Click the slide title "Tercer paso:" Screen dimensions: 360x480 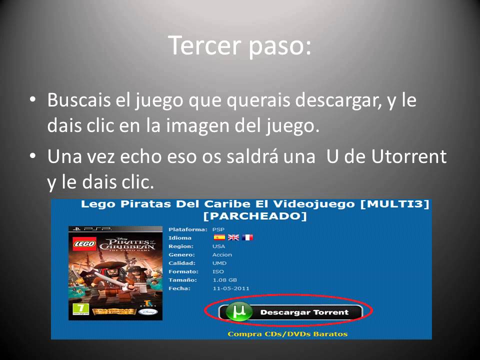pyautogui.click(x=239, y=46)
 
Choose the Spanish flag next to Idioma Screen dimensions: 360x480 pyautogui.click(x=219, y=237)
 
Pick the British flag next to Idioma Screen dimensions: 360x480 pyautogui.click(x=233, y=237)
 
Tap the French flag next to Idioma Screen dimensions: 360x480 pyautogui.click(x=247, y=237)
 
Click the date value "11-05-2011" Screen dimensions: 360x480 pyautogui.click(x=230, y=288)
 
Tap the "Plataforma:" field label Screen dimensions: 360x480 pyautogui.click(x=187, y=229)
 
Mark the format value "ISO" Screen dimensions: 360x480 pyautogui.click(x=218, y=271)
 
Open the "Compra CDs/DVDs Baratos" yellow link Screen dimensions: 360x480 pyautogui.click(x=287, y=334)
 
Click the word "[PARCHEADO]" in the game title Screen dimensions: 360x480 pyautogui.click(x=255, y=216)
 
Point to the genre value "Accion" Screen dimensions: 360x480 pyautogui.click(x=222, y=254)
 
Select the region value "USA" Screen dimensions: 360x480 pyautogui.click(x=218, y=246)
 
